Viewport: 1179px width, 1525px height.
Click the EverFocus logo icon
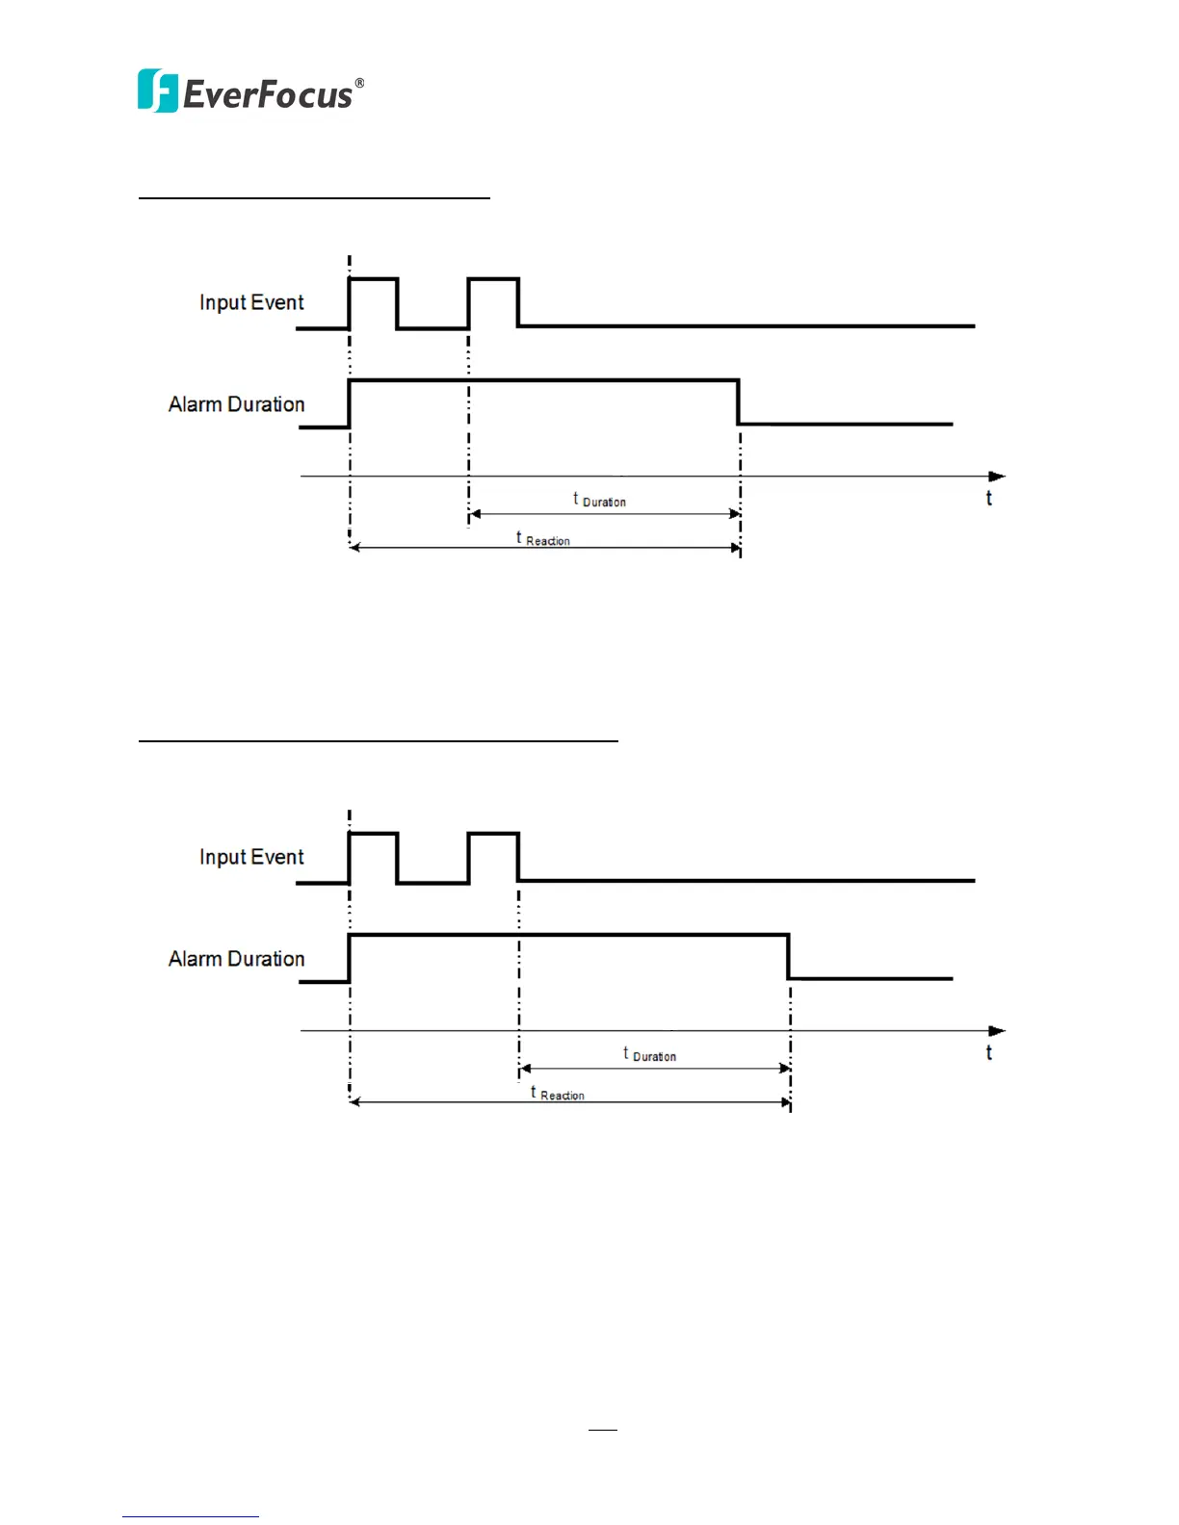(x=157, y=91)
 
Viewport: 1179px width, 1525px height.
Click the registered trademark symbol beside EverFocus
(x=359, y=84)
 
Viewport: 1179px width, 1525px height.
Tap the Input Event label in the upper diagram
(x=251, y=302)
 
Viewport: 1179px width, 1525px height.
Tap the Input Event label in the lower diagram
(x=251, y=857)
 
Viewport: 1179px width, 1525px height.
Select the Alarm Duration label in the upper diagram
(x=236, y=404)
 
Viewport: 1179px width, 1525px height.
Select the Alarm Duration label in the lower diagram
(x=236, y=959)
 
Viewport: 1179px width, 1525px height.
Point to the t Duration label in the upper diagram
(x=600, y=500)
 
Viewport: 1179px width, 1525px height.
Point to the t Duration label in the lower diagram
(x=650, y=1054)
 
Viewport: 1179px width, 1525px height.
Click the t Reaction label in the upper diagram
(x=543, y=539)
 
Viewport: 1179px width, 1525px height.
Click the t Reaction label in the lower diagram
(x=558, y=1094)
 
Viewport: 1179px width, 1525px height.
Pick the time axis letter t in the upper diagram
(x=988, y=498)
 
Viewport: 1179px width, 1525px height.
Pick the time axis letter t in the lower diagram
(x=988, y=1052)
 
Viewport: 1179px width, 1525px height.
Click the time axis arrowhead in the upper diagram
(x=997, y=477)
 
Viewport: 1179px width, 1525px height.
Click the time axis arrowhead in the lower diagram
(x=997, y=1031)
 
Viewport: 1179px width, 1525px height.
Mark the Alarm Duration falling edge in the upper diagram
(x=739, y=402)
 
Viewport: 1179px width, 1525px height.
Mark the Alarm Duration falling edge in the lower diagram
(x=789, y=957)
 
